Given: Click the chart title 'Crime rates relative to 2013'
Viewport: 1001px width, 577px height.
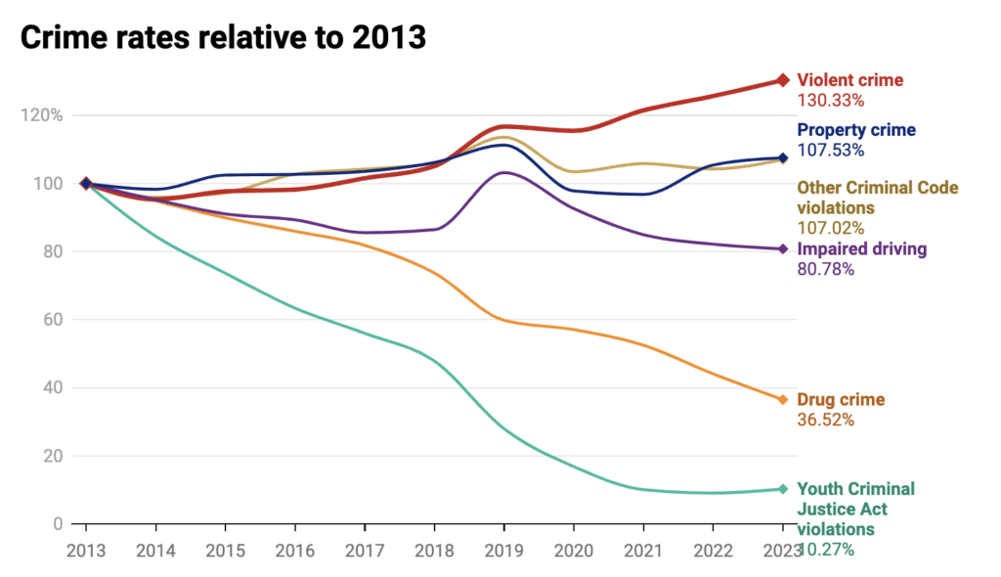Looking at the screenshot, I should [x=222, y=36].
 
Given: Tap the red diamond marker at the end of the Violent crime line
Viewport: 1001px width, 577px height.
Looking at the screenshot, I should [x=782, y=80].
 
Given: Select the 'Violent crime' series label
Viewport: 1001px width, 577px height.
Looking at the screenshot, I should [x=849, y=80].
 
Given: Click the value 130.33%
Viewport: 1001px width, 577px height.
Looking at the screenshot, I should [x=832, y=100].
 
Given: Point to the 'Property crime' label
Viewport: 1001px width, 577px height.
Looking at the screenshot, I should [x=856, y=130].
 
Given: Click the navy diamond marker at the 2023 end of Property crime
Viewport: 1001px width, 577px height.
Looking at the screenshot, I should [x=782, y=157].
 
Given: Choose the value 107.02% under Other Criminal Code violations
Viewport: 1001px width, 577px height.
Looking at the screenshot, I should [x=832, y=228].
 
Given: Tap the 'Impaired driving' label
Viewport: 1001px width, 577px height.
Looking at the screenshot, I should [x=861, y=248].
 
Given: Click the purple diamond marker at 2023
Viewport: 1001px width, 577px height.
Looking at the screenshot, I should [x=782, y=248].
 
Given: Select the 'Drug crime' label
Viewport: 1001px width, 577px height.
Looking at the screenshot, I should [x=841, y=399].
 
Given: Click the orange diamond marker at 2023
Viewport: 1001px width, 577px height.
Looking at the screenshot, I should [x=782, y=399].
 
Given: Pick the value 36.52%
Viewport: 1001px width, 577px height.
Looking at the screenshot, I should [x=827, y=420].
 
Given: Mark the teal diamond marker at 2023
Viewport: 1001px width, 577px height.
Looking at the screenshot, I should [x=782, y=489].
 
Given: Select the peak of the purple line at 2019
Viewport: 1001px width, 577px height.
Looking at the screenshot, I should [x=503, y=172].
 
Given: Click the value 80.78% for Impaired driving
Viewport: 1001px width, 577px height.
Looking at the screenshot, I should [x=827, y=269].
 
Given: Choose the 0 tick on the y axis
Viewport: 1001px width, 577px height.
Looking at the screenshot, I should [x=57, y=524].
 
